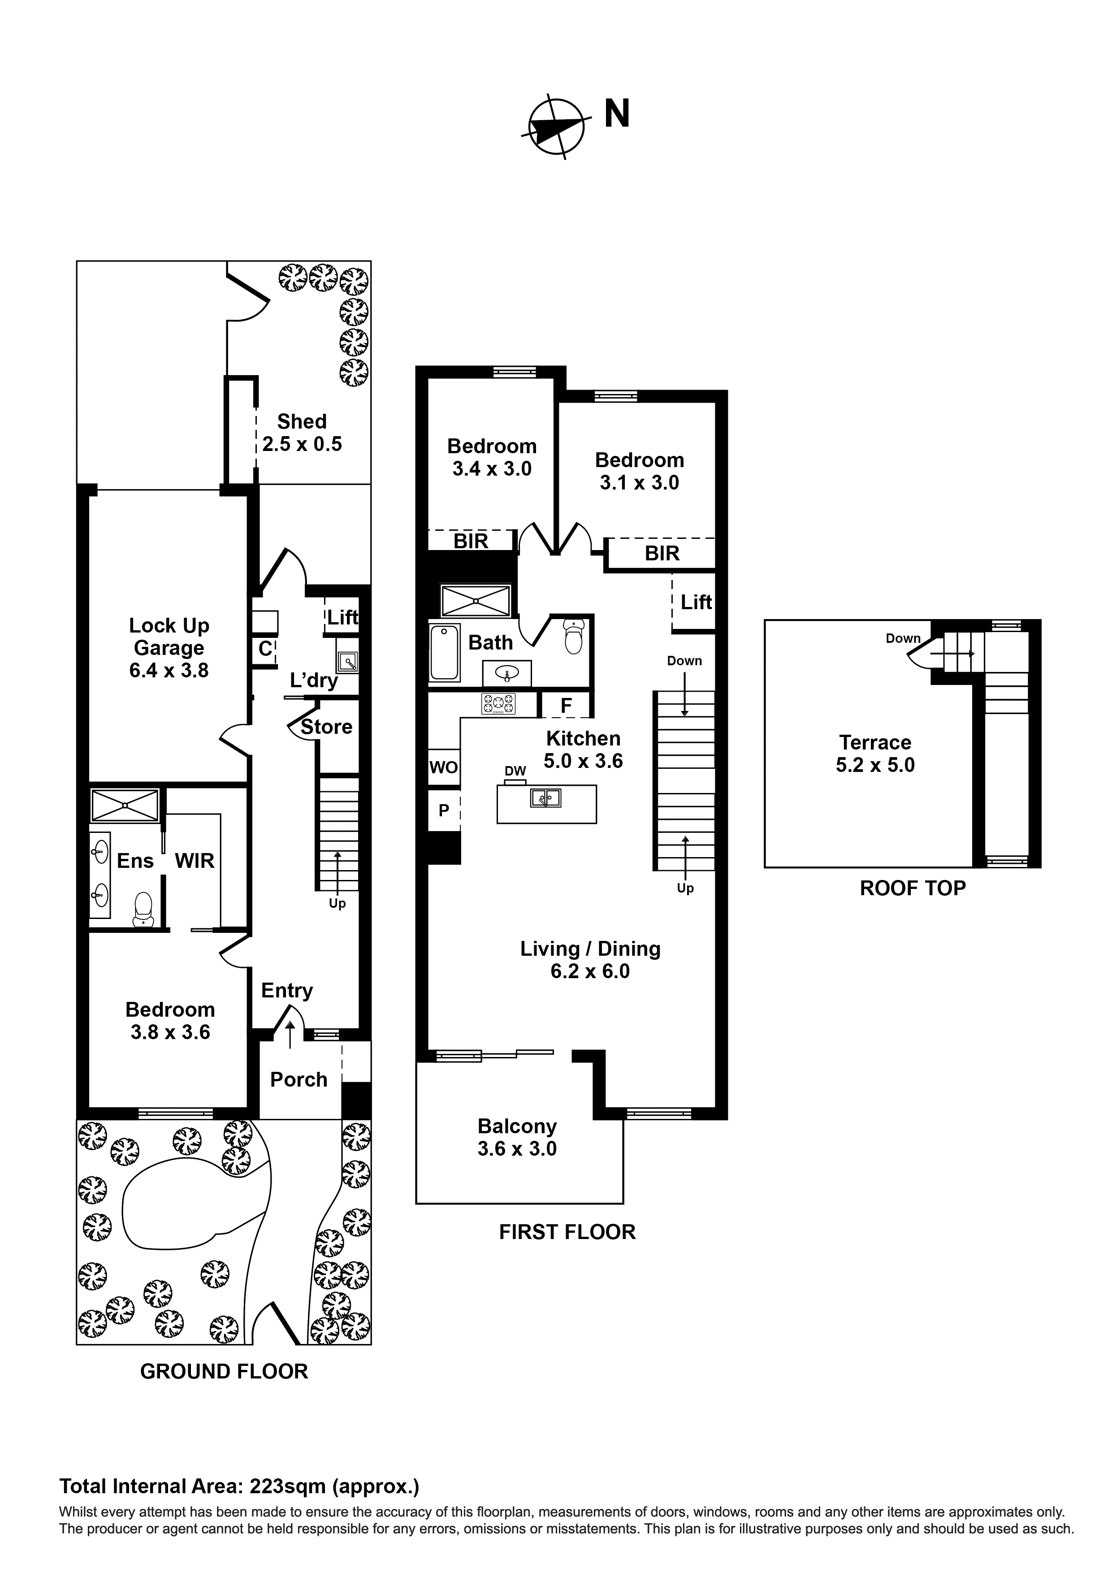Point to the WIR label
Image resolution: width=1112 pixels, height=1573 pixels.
[195, 861]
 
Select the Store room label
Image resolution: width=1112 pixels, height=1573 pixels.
[326, 727]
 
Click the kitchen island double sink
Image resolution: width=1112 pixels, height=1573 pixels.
[545, 798]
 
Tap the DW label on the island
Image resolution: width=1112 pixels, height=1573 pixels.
[515, 771]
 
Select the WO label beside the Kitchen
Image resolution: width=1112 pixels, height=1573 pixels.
[443, 767]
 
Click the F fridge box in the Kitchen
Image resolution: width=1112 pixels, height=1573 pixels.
[566, 706]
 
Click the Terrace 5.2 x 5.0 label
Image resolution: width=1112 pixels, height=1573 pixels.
[875, 754]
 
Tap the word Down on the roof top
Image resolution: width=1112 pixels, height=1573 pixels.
[903, 638]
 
